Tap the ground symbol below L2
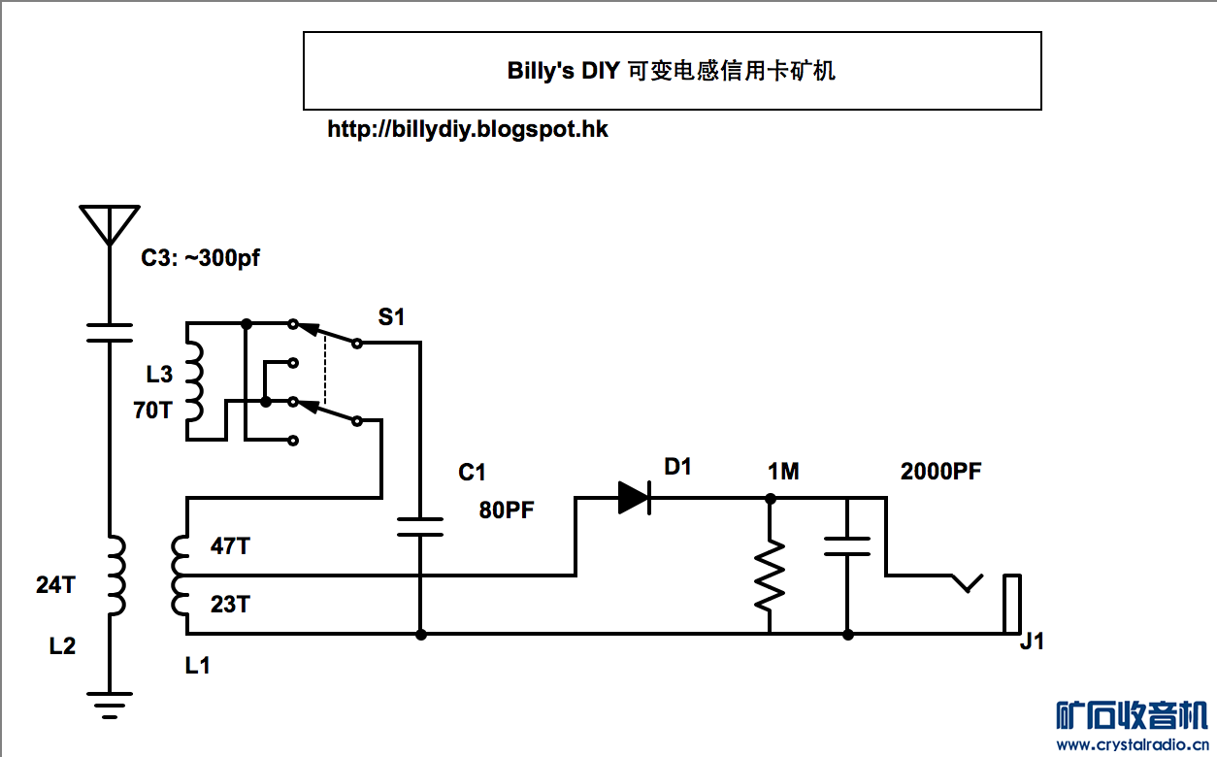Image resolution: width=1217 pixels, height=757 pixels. (109, 706)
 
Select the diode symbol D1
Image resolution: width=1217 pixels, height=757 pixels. (634, 498)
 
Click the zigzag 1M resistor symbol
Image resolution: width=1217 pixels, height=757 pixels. (770, 575)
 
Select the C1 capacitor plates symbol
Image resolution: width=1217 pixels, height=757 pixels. (420, 527)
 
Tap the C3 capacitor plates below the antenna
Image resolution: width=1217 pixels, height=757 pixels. (109, 333)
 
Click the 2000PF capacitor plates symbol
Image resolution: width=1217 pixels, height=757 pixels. (847, 545)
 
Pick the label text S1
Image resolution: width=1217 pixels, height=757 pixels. (391, 316)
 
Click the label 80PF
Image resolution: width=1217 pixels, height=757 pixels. (507, 510)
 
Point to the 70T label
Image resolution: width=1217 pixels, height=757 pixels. (152, 411)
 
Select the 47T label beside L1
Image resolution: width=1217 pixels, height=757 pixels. (230, 546)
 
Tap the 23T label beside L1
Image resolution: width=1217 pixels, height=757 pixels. (230, 605)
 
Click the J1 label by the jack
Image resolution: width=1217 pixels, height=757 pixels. (1032, 642)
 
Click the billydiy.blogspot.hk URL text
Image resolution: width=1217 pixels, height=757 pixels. (468, 129)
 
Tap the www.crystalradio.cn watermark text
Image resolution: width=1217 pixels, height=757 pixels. (1132, 744)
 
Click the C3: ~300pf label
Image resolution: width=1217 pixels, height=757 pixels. (201, 258)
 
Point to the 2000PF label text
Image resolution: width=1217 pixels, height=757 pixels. (940, 473)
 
